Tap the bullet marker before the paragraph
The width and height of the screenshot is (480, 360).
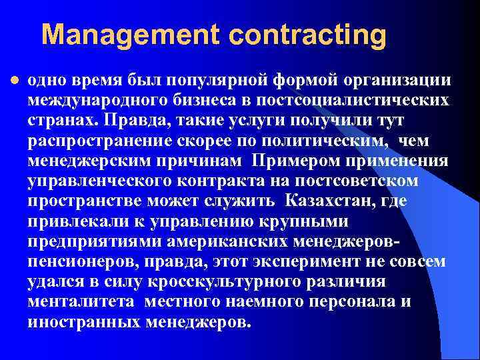click(14, 80)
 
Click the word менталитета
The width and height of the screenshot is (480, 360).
click(80, 302)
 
